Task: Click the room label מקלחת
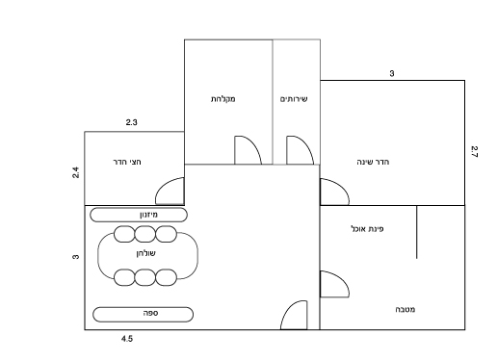223,99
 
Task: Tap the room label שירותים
294,99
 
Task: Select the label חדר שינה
373,162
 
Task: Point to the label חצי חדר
127,162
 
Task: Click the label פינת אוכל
367,229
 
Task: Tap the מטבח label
405,309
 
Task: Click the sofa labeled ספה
143,314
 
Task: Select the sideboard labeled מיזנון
139,215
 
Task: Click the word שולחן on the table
146,253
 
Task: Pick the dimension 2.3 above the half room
132,122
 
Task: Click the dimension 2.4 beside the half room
75,172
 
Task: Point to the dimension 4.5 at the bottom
127,339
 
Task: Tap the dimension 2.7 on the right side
474,152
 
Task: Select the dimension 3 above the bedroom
392,73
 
